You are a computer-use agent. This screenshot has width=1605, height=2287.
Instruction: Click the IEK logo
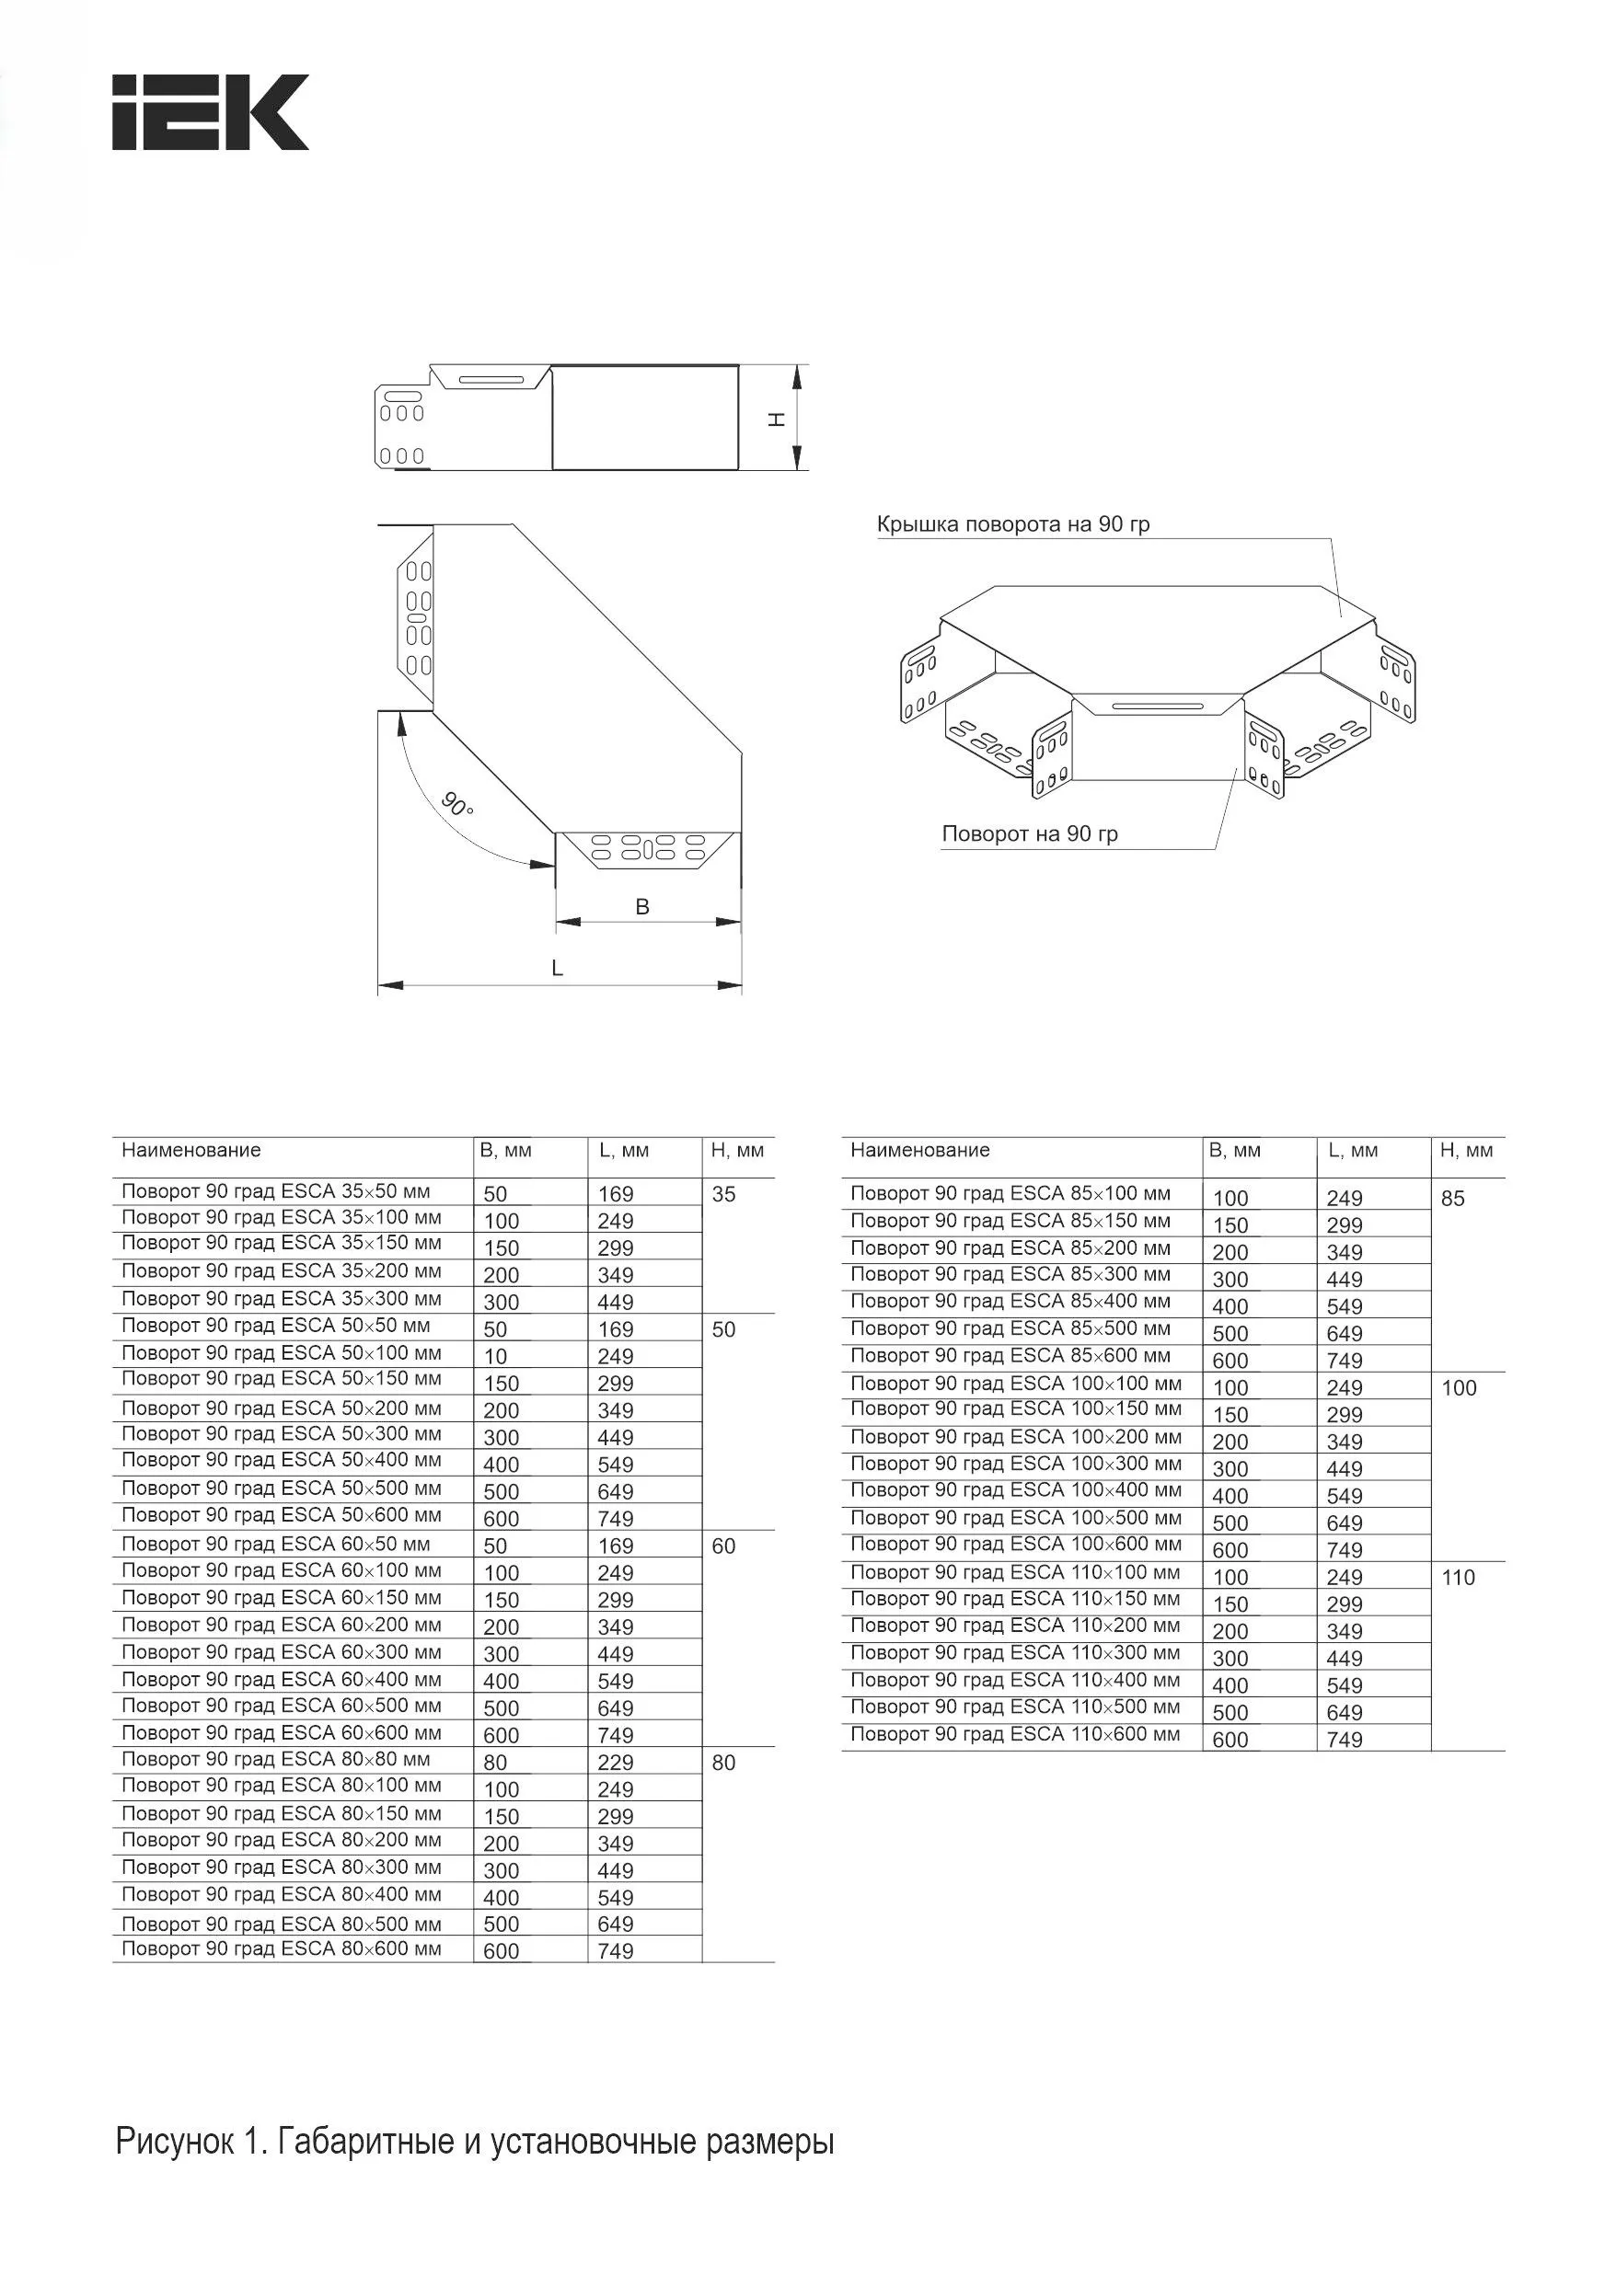click(x=209, y=112)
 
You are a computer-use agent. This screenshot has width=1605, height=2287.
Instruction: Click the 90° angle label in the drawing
click(x=457, y=804)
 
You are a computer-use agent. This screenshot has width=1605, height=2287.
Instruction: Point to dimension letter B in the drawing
click(x=642, y=906)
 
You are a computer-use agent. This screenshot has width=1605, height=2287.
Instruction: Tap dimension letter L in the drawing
click(x=558, y=967)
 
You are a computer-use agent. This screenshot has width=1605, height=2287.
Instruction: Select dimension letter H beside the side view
click(x=777, y=419)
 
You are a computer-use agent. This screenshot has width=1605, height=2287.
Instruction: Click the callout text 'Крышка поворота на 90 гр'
click(x=1013, y=525)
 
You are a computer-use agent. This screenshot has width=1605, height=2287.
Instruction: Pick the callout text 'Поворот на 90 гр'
click(x=1029, y=833)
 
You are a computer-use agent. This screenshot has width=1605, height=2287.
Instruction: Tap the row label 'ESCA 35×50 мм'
click(x=276, y=1191)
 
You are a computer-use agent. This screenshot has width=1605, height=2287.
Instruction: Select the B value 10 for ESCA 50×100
click(x=495, y=1357)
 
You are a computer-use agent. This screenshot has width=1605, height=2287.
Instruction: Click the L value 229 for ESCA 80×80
click(x=616, y=1763)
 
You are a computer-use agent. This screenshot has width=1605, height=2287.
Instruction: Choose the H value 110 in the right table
click(x=1458, y=1578)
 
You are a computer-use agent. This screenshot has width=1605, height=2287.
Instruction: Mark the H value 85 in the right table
click(x=1452, y=1200)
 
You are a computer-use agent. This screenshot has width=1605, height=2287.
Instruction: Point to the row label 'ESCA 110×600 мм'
click(x=1014, y=1734)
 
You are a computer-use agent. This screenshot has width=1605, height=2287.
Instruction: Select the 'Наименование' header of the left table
click(x=191, y=1151)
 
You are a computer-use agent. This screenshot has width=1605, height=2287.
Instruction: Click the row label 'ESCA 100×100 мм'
click(x=1015, y=1384)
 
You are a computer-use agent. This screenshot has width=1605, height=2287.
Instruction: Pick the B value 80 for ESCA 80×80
click(x=495, y=1763)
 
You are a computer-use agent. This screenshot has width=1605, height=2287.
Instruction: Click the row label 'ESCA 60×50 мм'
click(x=276, y=1544)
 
